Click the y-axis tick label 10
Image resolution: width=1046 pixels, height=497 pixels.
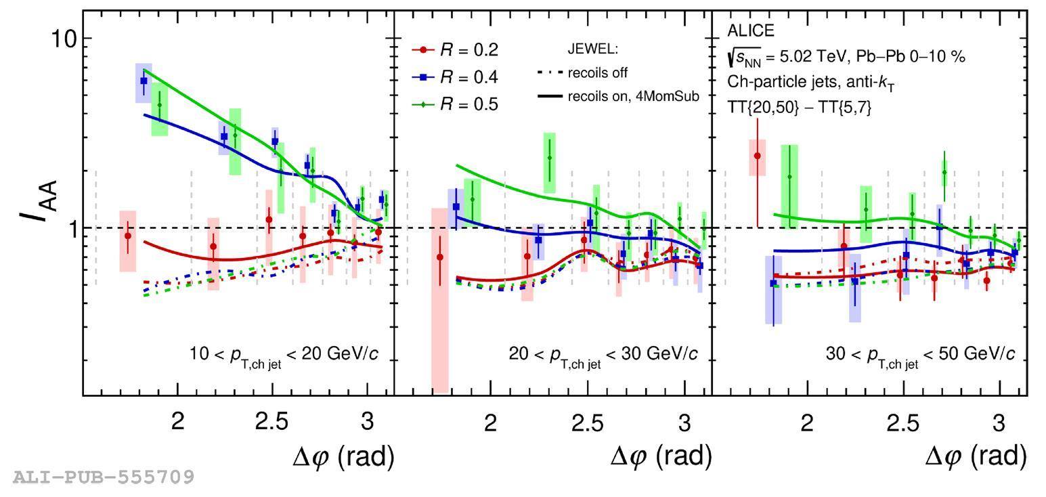pos(64,39)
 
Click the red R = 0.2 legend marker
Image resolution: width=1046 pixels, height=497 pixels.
pos(424,50)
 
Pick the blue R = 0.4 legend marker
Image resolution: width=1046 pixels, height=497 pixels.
pos(424,78)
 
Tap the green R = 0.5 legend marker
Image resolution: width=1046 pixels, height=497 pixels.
pos(424,105)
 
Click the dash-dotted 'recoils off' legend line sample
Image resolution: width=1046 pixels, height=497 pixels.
pos(549,72)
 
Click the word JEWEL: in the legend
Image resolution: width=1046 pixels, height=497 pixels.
pos(592,49)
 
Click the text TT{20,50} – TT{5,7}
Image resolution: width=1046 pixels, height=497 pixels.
pos(799,106)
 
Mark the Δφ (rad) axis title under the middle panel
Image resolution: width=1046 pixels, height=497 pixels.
pos(661,457)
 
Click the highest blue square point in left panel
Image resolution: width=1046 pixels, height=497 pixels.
pos(144,81)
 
